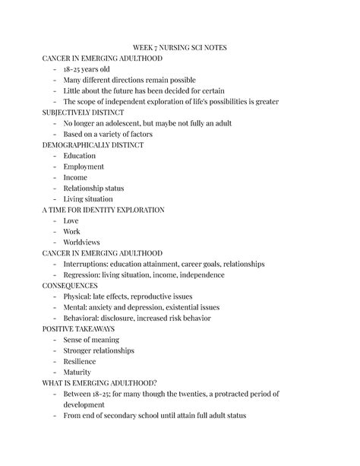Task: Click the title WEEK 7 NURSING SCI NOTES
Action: click(x=179, y=47)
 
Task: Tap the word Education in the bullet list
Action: click(x=80, y=155)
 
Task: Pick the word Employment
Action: click(x=84, y=166)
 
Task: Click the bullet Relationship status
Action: click(x=93, y=188)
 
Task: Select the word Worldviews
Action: click(x=82, y=242)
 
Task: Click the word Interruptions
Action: click(x=87, y=264)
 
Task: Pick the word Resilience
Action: click(x=81, y=361)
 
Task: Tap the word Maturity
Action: click(x=77, y=372)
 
